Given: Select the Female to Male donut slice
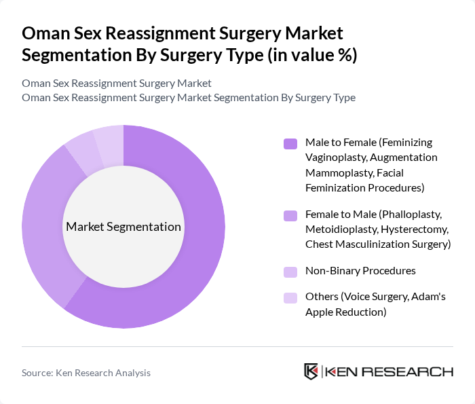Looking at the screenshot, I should click(x=41, y=224).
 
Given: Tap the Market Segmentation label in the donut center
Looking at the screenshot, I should click(x=123, y=227).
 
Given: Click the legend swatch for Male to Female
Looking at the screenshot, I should click(x=290, y=143).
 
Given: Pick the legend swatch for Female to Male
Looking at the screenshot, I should click(x=290, y=216).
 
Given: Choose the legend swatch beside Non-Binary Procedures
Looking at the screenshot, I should click(x=290, y=271).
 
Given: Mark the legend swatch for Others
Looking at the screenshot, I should click(x=290, y=297).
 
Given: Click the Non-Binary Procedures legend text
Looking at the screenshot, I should click(x=360, y=270).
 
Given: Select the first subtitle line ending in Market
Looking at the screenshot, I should click(x=117, y=83).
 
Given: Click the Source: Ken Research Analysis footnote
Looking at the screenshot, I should click(x=86, y=373).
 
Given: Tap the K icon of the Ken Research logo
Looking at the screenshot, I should click(x=311, y=371).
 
